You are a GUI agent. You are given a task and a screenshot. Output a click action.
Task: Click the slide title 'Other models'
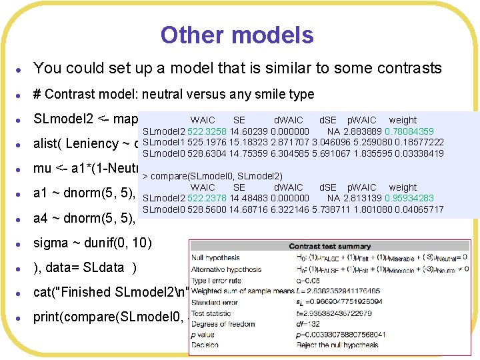(237, 35)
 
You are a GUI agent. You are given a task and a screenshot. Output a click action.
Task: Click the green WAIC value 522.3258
(189, 132)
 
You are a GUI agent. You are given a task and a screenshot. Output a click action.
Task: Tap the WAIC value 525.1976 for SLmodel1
(189, 143)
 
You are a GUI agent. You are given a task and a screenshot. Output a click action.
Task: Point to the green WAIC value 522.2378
(189, 198)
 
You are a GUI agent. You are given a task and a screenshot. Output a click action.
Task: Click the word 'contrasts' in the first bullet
(413, 68)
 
